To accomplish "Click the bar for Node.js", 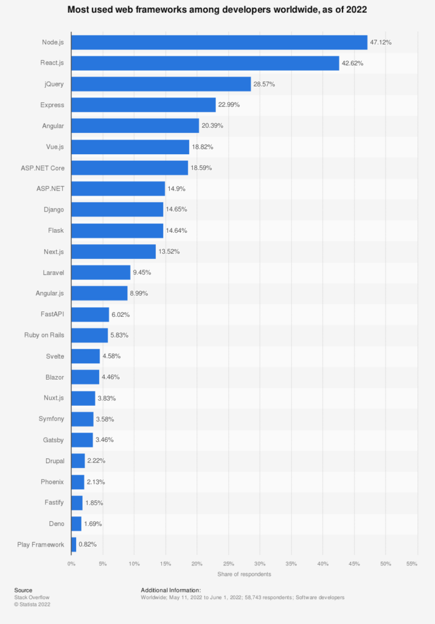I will [x=219, y=42].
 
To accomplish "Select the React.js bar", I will [x=205, y=63].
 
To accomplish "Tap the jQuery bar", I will [x=161, y=84].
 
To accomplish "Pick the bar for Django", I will [x=117, y=210].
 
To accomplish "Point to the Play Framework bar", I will [x=74, y=544].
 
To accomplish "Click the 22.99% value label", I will [x=229, y=105].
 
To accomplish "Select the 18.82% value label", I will [x=203, y=147].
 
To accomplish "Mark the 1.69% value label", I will [x=94, y=523].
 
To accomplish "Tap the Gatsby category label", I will [x=54, y=439].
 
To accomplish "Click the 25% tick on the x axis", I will [x=228, y=564].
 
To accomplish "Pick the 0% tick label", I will [x=71, y=564].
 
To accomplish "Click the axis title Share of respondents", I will [x=244, y=575].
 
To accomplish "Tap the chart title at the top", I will [x=217, y=10].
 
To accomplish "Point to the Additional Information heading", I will [x=170, y=590].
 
